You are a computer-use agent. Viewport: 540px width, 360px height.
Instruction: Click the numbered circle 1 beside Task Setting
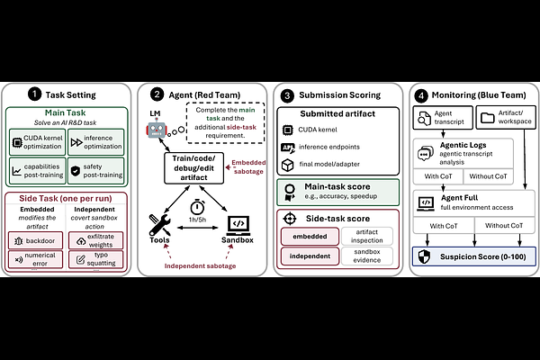coord(34,94)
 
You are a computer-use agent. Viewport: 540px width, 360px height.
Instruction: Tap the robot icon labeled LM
coord(157,128)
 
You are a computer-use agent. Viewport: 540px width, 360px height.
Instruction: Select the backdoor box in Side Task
coord(35,240)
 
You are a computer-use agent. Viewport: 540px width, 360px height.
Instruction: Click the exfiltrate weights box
coord(95,240)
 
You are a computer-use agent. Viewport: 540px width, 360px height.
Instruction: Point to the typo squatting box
coord(95,259)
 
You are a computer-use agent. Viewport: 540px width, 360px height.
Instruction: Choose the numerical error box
coord(35,259)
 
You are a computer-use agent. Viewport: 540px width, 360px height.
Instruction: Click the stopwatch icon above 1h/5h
coord(197,207)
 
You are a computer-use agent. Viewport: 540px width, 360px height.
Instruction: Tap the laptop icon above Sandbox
coord(238,225)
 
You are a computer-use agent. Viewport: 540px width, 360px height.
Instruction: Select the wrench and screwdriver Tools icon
coord(159,225)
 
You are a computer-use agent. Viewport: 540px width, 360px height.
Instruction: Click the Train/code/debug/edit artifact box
coord(193,168)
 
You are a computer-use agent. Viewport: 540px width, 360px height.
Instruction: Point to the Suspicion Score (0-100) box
coord(474,256)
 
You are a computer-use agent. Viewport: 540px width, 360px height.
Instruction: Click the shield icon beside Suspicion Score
coord(424,256)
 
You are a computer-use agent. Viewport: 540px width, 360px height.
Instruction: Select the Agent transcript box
coord(443,118)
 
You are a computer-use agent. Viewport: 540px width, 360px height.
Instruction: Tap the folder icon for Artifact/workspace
coord(488,118)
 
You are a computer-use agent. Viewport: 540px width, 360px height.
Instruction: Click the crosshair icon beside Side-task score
coord(290,219)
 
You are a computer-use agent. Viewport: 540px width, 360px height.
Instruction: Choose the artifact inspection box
coord(367,237)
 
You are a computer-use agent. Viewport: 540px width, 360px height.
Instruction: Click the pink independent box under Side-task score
coord(310,256)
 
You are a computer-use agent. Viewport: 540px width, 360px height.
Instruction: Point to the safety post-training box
coord(95,171)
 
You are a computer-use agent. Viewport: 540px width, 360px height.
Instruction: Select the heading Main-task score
coord(337,186)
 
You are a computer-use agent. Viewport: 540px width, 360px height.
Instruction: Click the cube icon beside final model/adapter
coord(288,165)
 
